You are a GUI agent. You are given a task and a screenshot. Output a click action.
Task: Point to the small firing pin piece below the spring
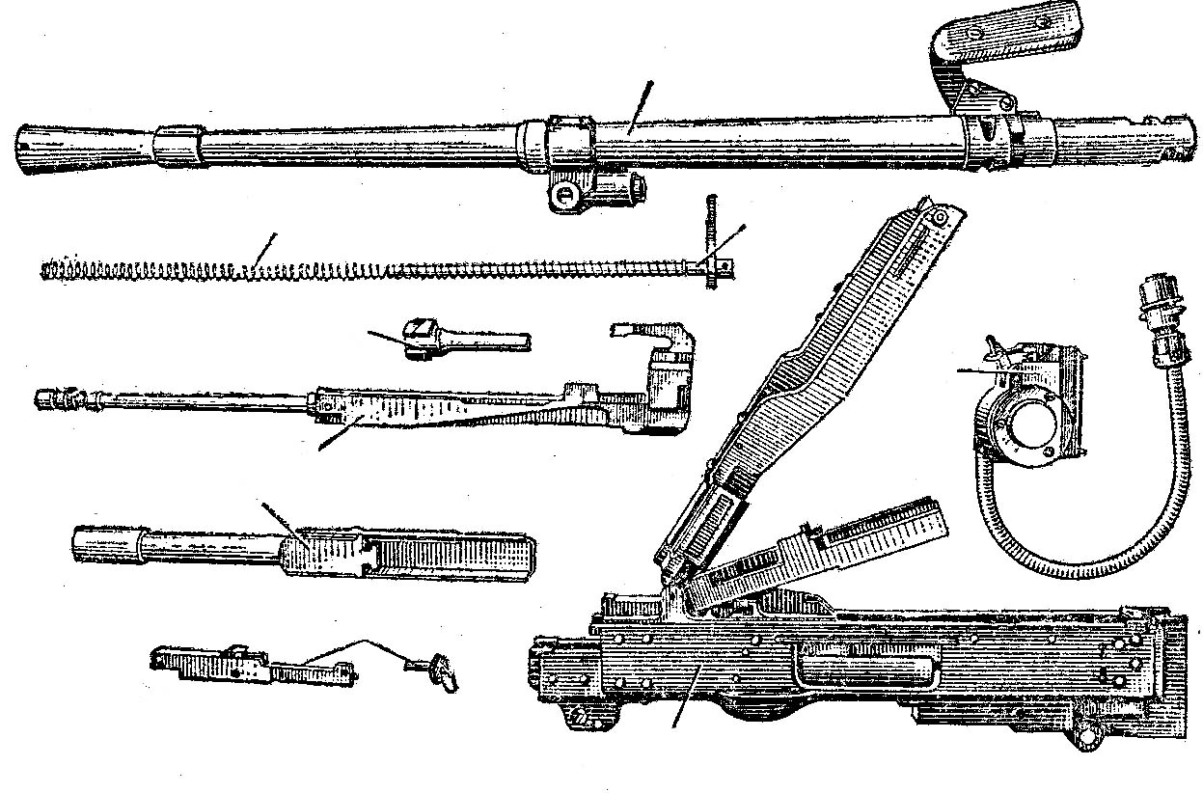click(453, 340)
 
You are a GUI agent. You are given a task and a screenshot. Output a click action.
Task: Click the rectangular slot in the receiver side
click(863, 664)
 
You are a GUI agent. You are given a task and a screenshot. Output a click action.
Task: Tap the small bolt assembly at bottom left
click(251, 664)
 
